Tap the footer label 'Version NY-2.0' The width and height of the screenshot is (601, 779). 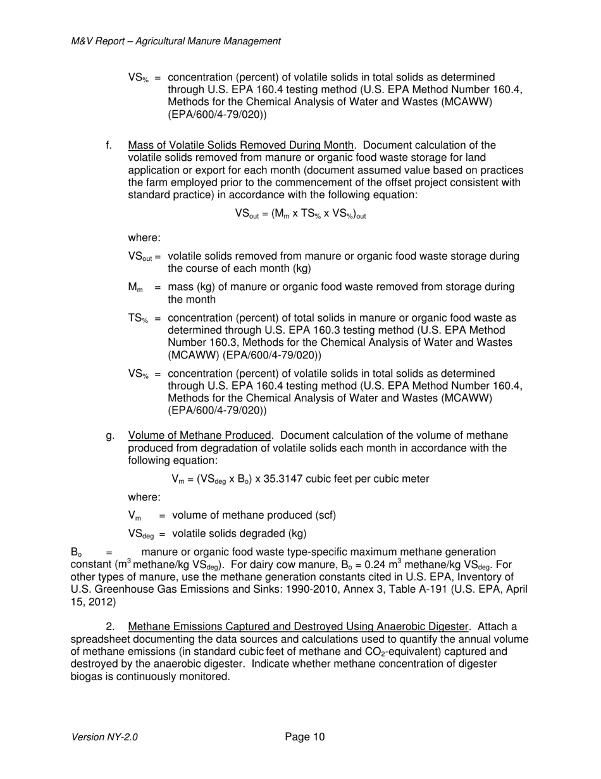[x=105, y=737]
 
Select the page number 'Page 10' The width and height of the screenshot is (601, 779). [x=305, y=737]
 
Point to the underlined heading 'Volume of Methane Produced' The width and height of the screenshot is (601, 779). [x=199, y=436]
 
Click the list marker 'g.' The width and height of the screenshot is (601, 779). [x=109, y=436]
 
